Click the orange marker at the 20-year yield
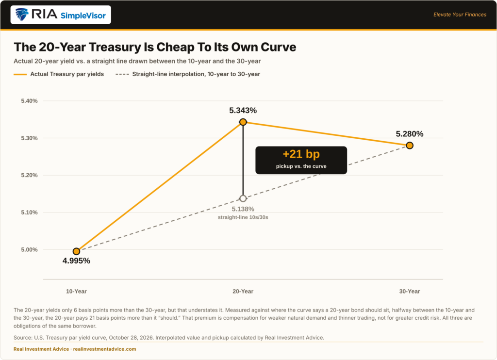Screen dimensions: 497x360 click(x=243, y=122)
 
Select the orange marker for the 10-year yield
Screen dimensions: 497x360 click(x=76, y=251)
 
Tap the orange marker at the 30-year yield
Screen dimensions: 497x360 click(x=410, y=146)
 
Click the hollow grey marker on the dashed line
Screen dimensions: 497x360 click(x=243, y=198)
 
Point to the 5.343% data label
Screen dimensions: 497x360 click(x=243, y=110)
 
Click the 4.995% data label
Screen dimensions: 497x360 click(x=76, y=261)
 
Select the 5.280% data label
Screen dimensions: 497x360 click(x=410, y=134)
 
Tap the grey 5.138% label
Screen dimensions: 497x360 click(x=243, y=209)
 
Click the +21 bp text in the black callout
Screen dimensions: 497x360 click(x=301, y=154)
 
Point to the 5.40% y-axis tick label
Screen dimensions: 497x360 click(x=30, y=101)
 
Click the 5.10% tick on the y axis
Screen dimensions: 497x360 click(x=30, y=213)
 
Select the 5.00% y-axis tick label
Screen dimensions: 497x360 click(x=30, y=250)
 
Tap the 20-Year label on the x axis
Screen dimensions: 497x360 click(x=243, y=292)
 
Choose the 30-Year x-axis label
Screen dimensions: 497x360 click(x=410, y=292)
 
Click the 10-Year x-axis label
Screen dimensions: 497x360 click(x=76, y=292)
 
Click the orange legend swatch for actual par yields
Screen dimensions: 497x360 click(x=20, y=74)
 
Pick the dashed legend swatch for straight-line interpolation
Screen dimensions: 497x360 click(x=122, y=74)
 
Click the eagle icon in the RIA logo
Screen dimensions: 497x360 click(x=22, y=15)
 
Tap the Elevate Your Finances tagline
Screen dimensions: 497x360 click(x=460, y=15)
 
